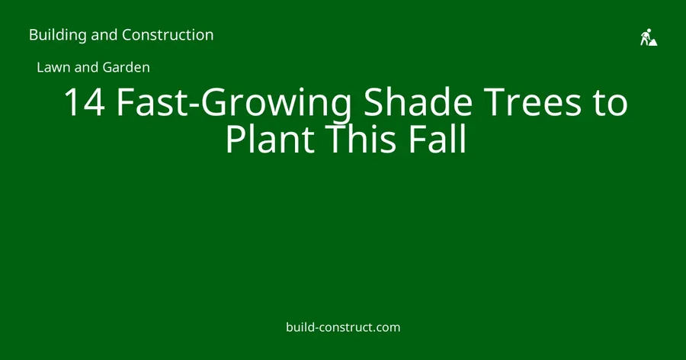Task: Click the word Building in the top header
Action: tap(58, 35)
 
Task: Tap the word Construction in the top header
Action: tap(168, 34)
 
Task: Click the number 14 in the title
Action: tap(85, 102)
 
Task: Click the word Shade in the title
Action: tap(418, 101)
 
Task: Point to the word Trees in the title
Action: tap(534, 102)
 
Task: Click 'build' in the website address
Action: tap(300, 327)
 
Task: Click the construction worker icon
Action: tap(649, 37)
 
